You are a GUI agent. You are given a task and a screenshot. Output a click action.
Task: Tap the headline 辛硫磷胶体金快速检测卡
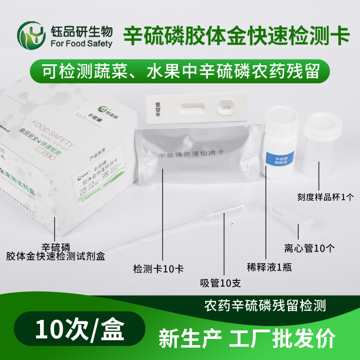236,34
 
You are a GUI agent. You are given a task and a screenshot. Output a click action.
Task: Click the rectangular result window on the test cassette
193,108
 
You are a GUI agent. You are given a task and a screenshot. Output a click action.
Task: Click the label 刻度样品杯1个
326,197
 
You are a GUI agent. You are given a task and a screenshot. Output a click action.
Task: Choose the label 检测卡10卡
158,269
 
